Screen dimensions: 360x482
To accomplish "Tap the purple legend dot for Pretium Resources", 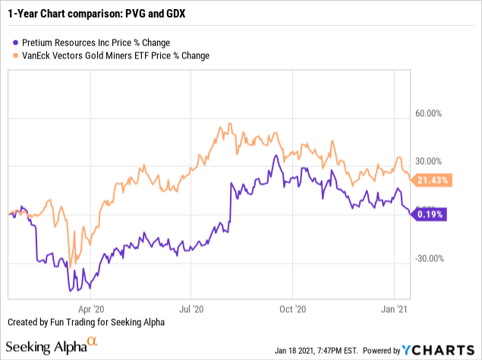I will [9, 42].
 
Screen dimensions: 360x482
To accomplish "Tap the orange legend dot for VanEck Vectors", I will [9, 55].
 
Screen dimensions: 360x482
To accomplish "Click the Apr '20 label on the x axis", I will [91, 309].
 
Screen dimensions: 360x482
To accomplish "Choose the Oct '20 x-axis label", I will [292, 309].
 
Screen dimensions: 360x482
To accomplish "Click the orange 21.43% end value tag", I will [433, 180].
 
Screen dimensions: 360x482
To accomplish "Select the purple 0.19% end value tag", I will [430, 214].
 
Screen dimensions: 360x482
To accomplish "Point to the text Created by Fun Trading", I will [83, 323].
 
